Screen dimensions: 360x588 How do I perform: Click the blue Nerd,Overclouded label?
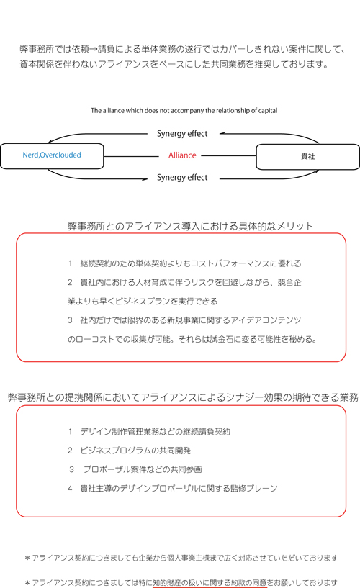coord(52,155)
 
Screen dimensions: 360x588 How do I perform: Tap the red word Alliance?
coord(182,155)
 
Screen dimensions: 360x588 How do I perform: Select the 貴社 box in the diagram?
coord(307,157)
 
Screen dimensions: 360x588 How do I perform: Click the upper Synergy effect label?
coord(182,134)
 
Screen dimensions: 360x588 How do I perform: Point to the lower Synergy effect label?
coord(182,177)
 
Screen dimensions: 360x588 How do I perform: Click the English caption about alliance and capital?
coord(184,111)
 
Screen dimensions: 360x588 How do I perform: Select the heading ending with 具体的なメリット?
coord(191,226)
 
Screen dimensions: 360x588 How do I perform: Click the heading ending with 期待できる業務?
coord(184,397)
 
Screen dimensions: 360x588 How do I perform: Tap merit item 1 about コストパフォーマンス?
coord(184,263)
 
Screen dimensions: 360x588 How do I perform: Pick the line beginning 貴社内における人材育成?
coord(184,282)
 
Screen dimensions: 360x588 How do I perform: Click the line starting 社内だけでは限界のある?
coord(184,320)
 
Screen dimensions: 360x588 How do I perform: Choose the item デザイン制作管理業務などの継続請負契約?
coord(149,432)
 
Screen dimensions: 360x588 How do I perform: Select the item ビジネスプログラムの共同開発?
coord(130,451)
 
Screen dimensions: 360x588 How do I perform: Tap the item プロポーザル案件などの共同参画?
coord(136,469)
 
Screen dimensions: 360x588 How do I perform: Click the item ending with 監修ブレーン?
coord(173,488)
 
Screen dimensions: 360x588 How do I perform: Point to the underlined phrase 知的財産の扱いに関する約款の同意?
coord(210,582)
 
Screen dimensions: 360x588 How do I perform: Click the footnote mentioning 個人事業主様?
coord(181,558)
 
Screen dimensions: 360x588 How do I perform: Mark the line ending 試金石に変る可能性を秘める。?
coord(192,340)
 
